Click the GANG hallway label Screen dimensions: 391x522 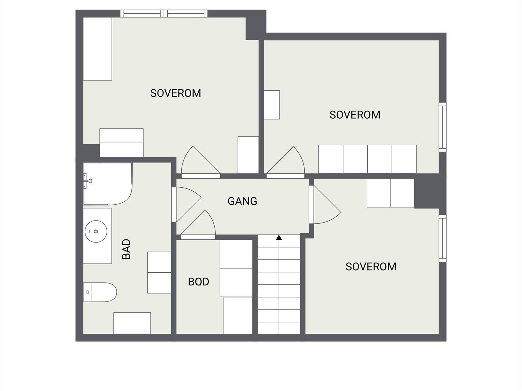click(242, 201)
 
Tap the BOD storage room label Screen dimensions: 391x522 click(198, 282)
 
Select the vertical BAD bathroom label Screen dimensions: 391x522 click(126, 249)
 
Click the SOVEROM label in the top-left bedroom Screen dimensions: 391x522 click(176, 93)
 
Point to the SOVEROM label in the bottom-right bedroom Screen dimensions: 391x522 click(371, 267)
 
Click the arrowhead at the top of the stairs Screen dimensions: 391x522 click(279, 238)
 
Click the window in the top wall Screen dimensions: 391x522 click(164, 13)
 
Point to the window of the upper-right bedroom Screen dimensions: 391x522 click(442, 127)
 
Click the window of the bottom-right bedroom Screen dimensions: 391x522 click(442, 238)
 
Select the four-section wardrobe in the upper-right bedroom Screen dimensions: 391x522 click(367, 159)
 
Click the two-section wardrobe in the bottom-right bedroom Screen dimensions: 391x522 click(391, 193)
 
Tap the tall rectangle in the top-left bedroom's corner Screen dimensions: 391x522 click(98, 49)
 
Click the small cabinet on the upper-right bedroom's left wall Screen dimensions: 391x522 click(272, 105)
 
